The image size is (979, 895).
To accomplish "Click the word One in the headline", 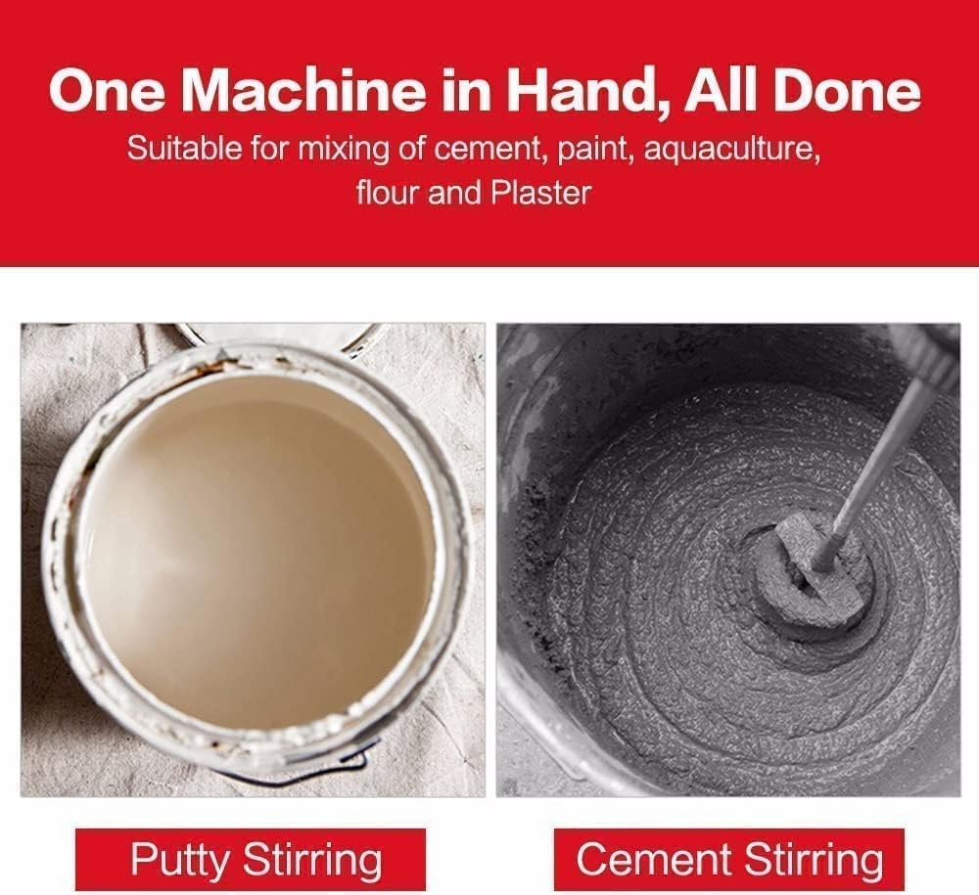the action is coord(108,91).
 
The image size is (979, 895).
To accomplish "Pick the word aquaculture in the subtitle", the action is coord(731,151).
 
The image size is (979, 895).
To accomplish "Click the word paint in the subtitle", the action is coord(595,151).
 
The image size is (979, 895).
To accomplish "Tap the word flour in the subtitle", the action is coord(388,192).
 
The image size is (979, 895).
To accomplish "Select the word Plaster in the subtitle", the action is coord(540,192).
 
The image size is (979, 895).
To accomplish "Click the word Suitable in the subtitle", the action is coord(184,149).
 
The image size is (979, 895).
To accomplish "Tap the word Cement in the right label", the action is coord(653,859).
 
